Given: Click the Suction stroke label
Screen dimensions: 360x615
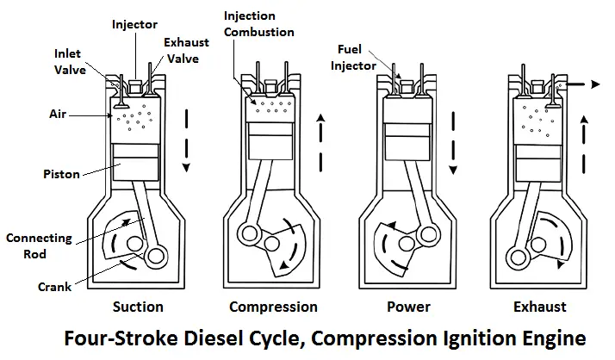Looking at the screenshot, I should point(138,307).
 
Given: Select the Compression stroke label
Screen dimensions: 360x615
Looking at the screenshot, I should point(273,307).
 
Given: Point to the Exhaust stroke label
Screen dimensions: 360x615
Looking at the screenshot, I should point(540,307).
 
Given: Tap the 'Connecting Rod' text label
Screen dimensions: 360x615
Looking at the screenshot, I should point(40,245).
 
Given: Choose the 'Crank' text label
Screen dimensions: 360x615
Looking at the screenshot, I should point(54,286).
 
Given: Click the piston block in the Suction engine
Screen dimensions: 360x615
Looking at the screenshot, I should point(136,163).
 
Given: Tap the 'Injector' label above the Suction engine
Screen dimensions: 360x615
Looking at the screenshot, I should point(135,24).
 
